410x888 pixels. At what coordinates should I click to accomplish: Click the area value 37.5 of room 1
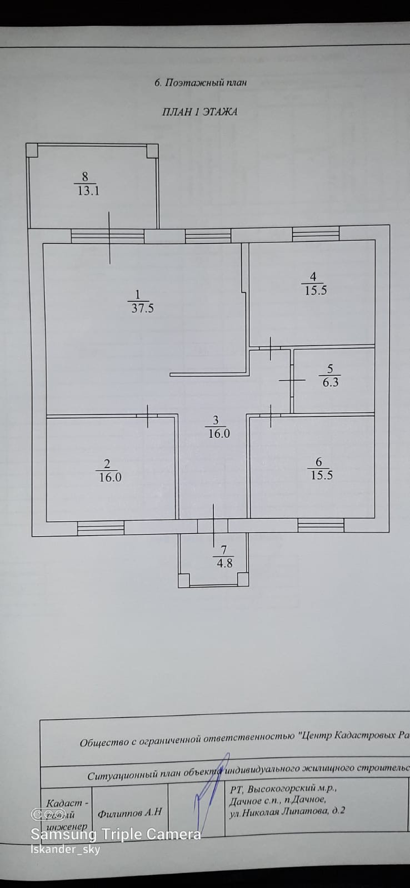click(x=142, y=309)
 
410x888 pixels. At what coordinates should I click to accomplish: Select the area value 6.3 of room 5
click(x=330, y=382)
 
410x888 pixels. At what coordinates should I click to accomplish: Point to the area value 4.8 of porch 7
click(x=224, y=563)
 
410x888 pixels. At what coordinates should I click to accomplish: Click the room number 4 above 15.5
click(x=313, y=276)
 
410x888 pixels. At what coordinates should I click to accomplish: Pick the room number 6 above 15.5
click(x=318, y=462)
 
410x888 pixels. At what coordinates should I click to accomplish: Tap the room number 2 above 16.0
click(x=107, y=463)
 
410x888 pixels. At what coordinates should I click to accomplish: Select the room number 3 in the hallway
click(x=216, y=421)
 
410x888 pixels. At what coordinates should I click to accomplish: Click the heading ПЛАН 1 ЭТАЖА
click(x=199, y=112)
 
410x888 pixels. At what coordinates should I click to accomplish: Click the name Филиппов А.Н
click(x=129, y=813)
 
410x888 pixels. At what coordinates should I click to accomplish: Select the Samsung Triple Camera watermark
click(x=116, y=834)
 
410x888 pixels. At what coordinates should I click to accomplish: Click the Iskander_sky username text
click(x=65, y=850)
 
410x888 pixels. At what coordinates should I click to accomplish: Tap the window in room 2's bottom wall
click(x=100, y=528)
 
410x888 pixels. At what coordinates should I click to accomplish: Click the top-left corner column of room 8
click(x=32, y=149)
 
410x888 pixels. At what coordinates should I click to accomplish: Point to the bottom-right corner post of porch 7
click(x=243, y=580)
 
